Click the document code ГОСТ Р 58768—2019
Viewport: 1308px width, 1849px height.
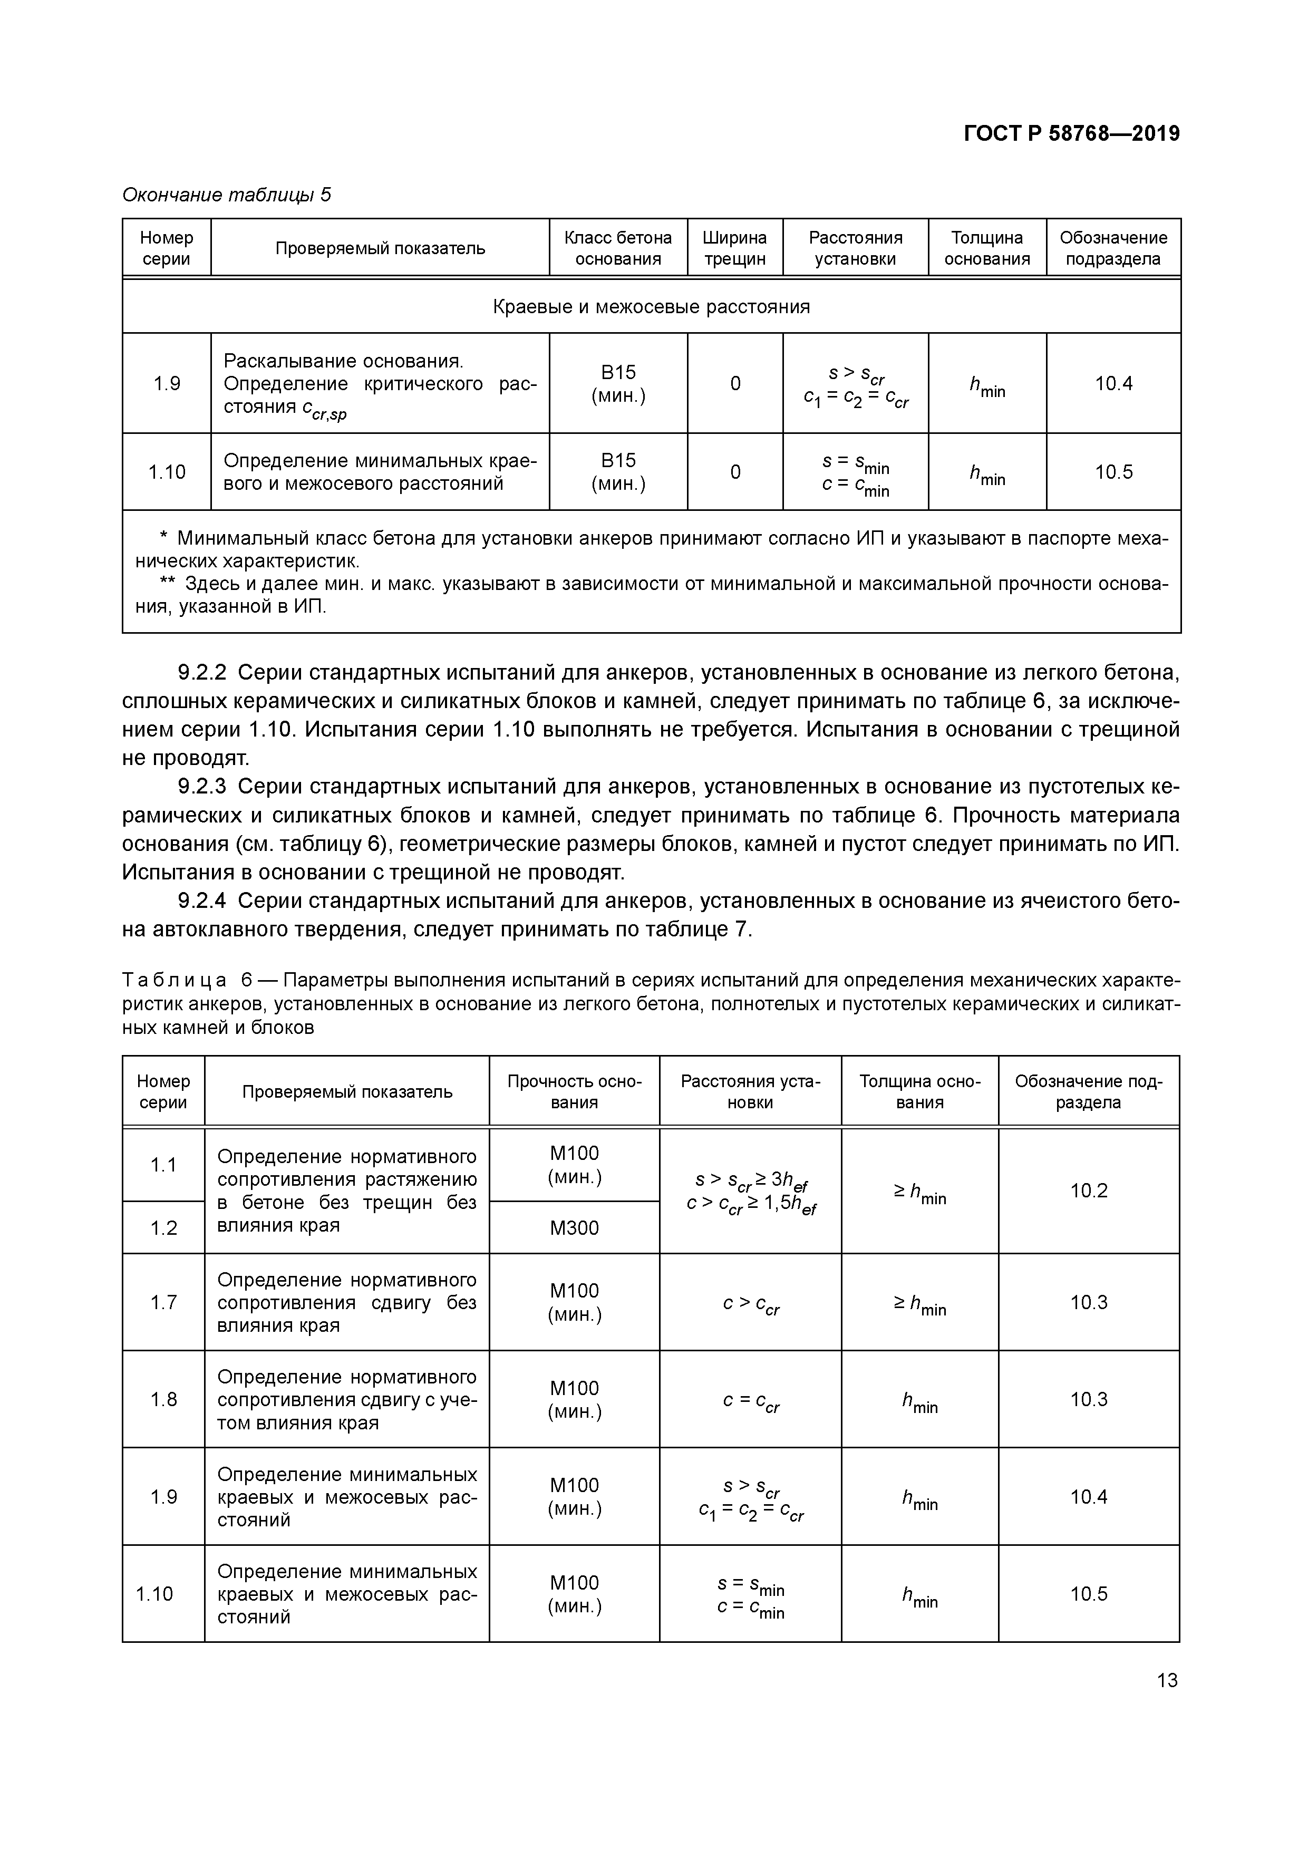point(1071,134)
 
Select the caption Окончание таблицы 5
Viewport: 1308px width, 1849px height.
point(226,195)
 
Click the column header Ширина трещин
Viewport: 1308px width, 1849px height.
point(734,248)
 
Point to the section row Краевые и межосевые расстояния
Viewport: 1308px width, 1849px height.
point(651,307)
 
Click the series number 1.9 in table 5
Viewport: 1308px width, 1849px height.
point(167,383)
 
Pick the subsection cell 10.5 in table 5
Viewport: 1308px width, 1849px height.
point(1113,472)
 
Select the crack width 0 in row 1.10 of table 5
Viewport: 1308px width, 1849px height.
point(734,472)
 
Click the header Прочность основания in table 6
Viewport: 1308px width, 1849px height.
point(574,1091)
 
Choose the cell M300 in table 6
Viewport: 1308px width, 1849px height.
point(574,1227)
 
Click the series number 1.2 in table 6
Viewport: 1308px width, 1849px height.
point(163,1227)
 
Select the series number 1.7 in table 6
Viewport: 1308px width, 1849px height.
point(163,1302)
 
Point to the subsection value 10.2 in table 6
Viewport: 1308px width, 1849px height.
point(1088,1190)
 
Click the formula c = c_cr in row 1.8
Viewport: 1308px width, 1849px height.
point(751,1400)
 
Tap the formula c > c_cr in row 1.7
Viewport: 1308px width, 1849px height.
point(751,1303)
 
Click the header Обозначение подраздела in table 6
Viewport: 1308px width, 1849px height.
point(1088,1091)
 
